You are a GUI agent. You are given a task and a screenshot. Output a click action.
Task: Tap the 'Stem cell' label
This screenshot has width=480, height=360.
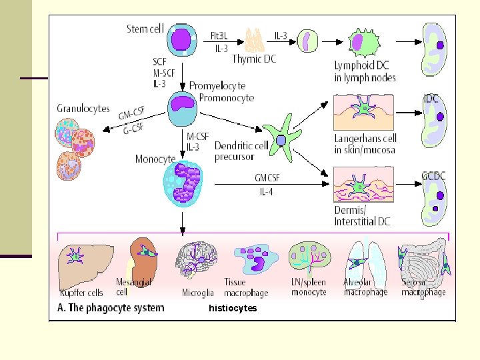tap(145, 29)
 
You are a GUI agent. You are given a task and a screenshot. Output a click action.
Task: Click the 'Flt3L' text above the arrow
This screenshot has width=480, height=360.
tap(221, 35)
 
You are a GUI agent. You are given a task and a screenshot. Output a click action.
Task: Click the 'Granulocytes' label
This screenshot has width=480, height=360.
tap(83, 109)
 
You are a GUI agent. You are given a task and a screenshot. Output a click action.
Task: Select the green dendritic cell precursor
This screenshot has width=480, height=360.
tap(281, 139)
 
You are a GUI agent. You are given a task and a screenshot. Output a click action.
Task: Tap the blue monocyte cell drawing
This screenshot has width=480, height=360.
tap(186, 183)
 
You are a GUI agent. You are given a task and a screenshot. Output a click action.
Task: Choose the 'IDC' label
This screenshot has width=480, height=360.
tap(431, 98)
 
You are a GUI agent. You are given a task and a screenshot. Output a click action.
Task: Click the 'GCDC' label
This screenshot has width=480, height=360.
tap(433, 175)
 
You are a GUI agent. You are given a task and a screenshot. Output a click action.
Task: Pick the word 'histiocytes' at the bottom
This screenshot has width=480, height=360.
tap(233, 308)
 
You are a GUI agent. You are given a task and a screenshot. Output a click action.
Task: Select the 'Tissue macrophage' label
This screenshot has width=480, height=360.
tap(246, 287)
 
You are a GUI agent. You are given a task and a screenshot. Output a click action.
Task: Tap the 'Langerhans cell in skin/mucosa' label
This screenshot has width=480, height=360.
tap(366, 144)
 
